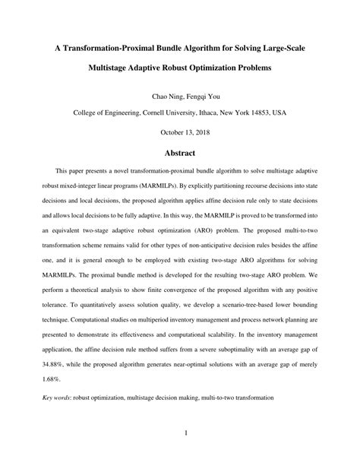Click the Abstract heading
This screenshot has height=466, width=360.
click(179, 152)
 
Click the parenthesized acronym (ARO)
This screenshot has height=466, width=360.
click(202, 245)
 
